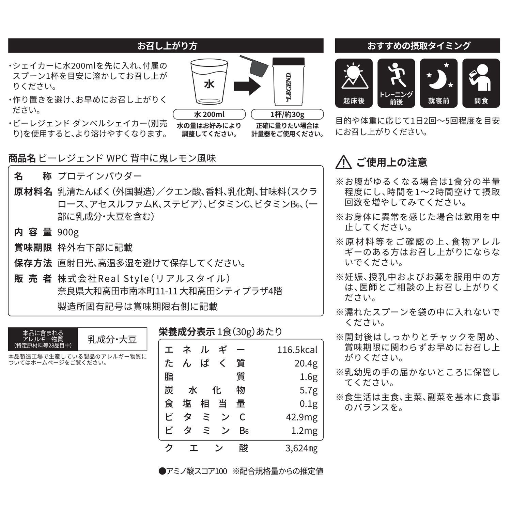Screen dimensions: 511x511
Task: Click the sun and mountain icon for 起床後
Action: [354, 77]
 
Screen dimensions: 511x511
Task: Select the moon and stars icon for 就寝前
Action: [439, 76]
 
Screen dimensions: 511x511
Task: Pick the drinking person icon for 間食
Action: [481, 77]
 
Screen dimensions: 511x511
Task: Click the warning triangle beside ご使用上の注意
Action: [343, 162]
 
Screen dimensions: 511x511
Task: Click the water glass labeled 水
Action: [209, 82]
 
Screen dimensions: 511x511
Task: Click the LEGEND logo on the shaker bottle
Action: [288, 87]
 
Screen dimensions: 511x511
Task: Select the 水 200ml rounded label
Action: [209, 114]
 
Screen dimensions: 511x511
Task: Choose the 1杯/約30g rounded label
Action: [287, 114]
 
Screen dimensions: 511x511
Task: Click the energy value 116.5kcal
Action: [297, 350]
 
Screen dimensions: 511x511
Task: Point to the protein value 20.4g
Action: [306, 363]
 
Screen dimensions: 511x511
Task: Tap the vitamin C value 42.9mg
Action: [301, 417]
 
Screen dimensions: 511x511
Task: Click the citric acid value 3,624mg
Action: [301, 448]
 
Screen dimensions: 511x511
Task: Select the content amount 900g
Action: [68, 232]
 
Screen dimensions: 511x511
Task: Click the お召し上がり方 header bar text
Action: [167, 46]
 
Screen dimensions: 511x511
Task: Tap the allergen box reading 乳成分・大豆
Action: [112, 339]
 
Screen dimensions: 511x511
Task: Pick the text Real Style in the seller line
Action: [123, 279]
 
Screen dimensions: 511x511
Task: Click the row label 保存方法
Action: [33, 263]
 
